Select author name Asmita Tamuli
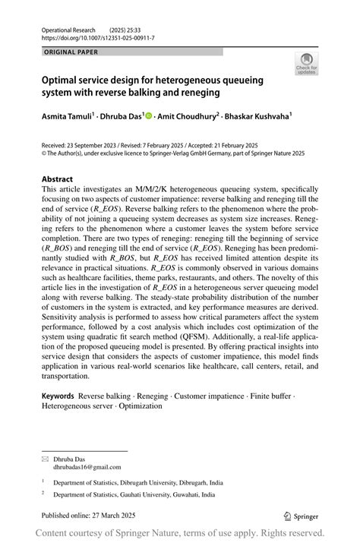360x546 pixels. [67, 117]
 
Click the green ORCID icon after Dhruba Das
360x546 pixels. [149, 117]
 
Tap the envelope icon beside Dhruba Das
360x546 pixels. [45, 459]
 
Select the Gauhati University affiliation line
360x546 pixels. [134, 494]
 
